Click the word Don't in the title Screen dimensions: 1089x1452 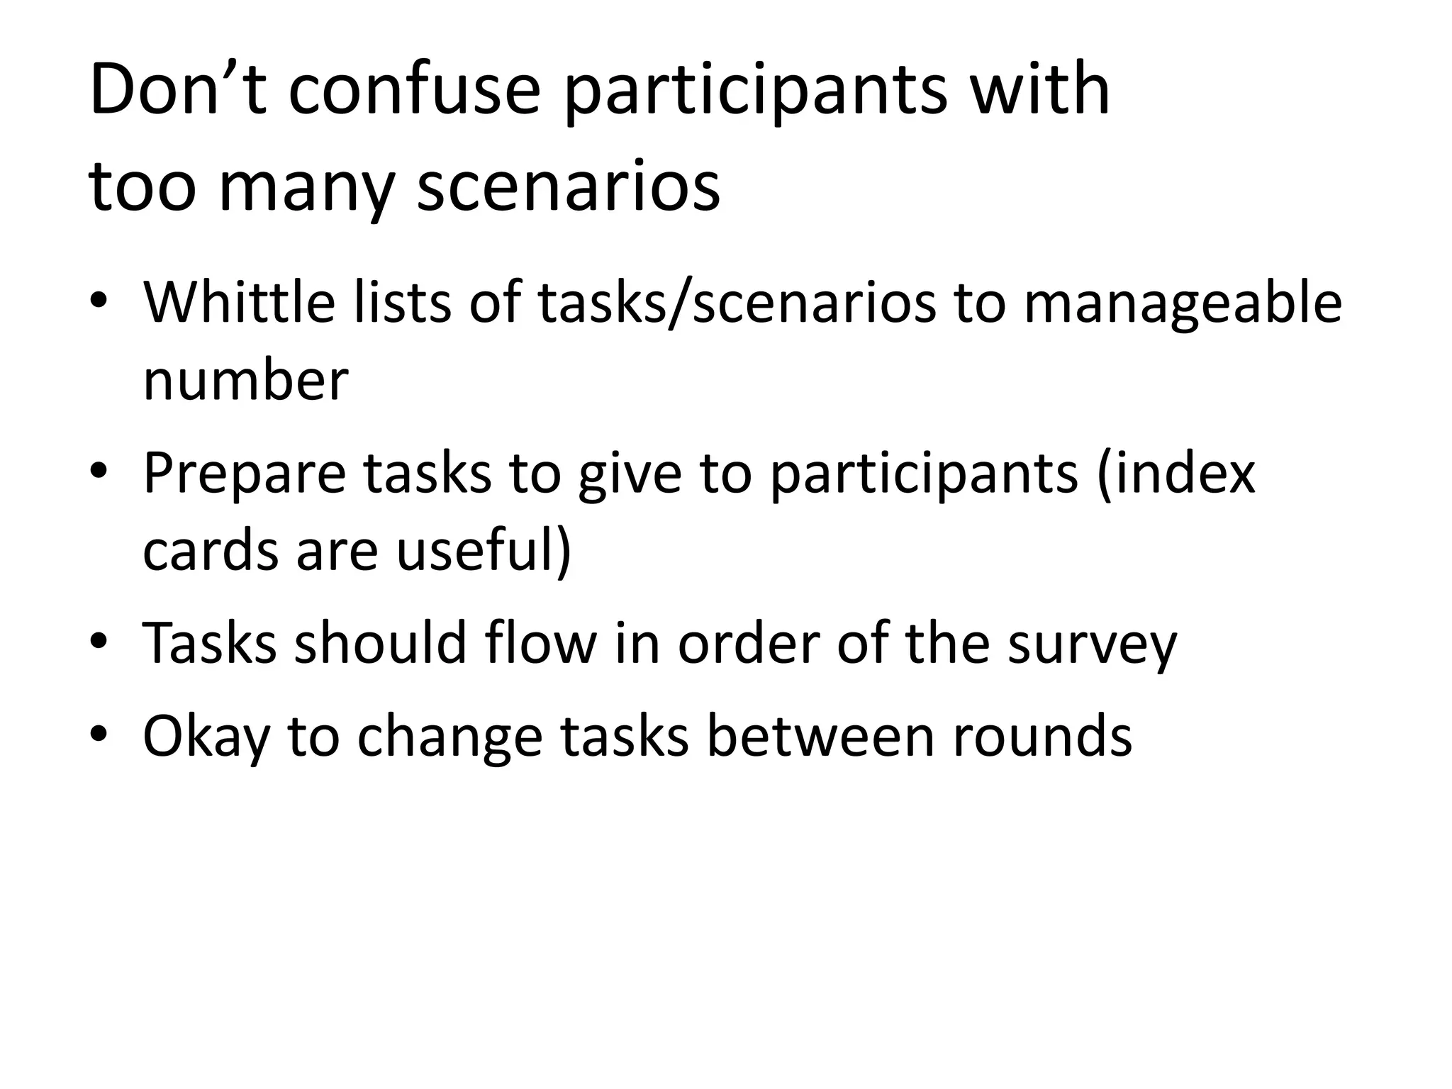coord(178,90)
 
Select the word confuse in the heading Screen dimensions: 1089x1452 coord(414,90)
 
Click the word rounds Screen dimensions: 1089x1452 coord(1041,736)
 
